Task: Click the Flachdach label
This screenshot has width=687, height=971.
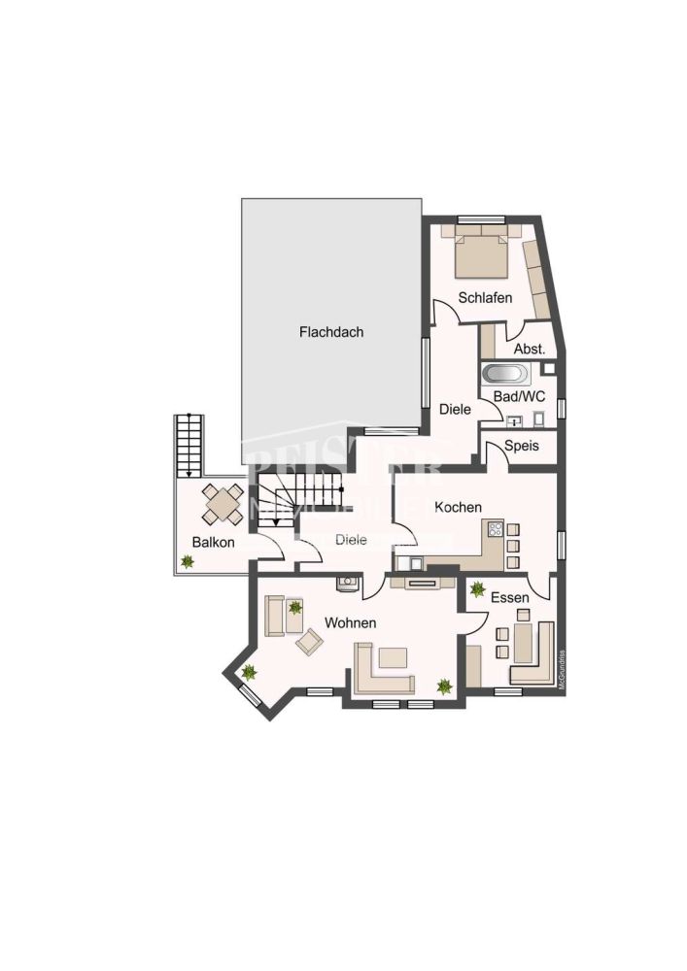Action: point(331,332)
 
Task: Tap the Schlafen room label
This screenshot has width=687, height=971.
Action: point(486,298)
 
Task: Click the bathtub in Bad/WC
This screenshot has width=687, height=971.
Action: point(504,374)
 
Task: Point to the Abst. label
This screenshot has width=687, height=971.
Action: point(529,349)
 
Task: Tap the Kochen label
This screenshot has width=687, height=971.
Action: point(458,507)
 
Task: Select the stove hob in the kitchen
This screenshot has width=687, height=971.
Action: point(495,530)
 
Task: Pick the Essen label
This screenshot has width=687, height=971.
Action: point(510,598)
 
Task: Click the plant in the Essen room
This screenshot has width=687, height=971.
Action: point(477,588)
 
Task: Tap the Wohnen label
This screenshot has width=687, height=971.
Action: point(350,622)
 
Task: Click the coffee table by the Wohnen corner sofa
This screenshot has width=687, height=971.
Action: point(394,657)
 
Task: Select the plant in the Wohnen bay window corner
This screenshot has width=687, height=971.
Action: point(249,671)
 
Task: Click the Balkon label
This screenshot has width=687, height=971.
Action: point(213,542)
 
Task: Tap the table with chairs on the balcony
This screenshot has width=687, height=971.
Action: point(223,504)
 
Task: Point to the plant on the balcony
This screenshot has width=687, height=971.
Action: point(187,560)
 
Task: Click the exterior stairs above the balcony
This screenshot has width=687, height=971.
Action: point(189,444)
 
